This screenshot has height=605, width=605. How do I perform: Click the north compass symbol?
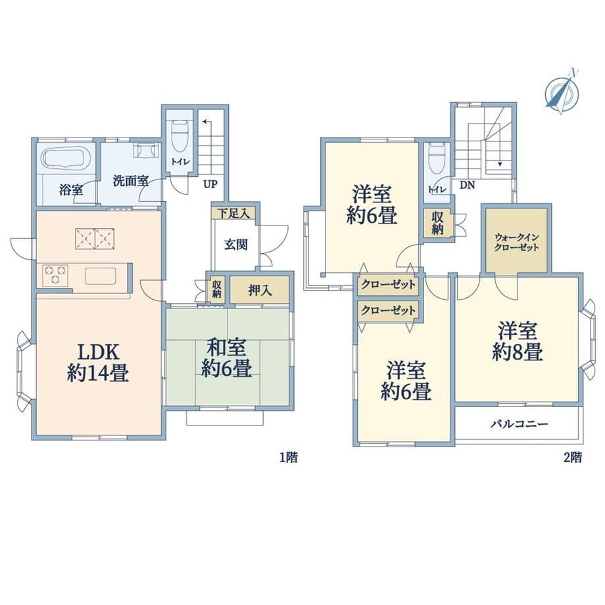(x=562, y=92)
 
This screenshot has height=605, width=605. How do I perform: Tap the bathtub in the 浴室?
(x=66, y=158)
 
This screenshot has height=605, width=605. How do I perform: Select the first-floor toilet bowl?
(x=180, y=136)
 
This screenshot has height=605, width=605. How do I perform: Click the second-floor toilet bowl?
(x=437, y=158)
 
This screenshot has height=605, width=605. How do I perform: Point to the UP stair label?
(x=210, y=184)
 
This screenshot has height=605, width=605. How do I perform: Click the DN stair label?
(x=467, y=185)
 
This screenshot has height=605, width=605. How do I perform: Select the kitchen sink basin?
(x=101, y=276)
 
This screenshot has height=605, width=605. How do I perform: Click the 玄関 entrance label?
(x=235, y=245)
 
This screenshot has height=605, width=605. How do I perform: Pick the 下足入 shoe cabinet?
(x=233, y=213)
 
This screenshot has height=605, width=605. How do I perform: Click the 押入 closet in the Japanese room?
(x=260, y=290)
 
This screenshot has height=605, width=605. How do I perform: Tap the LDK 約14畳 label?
(x=97, y=362)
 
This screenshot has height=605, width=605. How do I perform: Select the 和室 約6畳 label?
(x=226, y=357)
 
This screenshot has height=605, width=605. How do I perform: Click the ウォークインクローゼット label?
(x=516, y=242)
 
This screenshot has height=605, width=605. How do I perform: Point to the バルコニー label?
(x=520, y=424)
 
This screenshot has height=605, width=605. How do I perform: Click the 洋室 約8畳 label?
(x=518, y=341)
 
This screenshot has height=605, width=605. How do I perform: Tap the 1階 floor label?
(x=289, y=458)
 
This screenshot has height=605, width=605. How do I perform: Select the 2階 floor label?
(x=573, y=458)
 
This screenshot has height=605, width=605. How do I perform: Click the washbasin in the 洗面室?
(x=146, y=150)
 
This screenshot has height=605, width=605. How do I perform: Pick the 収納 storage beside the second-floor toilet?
(x=437, y=223)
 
